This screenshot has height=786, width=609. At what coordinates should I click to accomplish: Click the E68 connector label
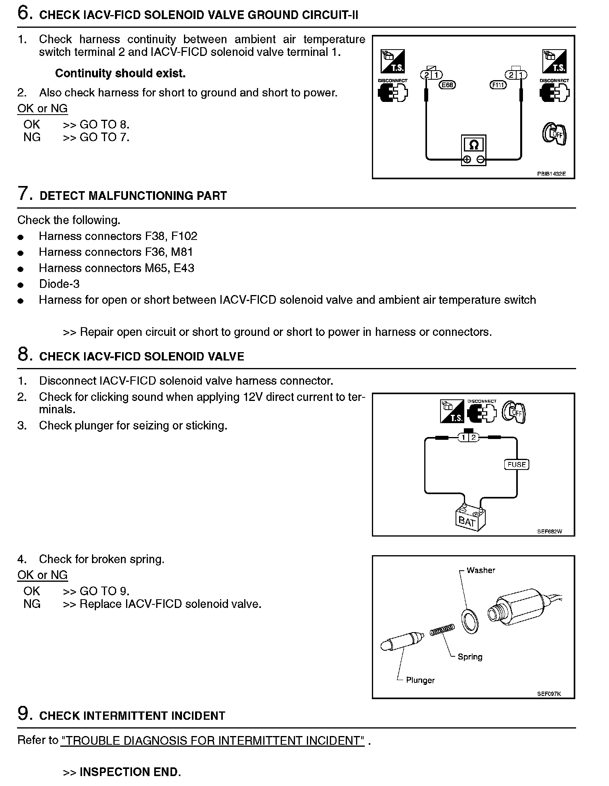[x=447, y=84]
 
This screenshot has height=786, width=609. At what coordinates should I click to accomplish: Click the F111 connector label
[x=498, y=84]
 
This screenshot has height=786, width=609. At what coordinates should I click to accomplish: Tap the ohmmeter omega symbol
[x=473, y=145]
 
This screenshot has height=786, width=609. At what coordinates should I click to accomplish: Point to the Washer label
[x=481, y=570]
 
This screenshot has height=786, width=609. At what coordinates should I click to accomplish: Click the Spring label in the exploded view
[x=470, y=657]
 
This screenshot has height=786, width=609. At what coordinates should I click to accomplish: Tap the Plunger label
[x=420, y=680]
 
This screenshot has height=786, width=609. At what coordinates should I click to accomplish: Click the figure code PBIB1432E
[x=551, y=174]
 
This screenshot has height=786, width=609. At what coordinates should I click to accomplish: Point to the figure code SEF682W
[x=550, y=531]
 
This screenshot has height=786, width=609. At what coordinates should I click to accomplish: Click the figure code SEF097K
[x=549, y=694]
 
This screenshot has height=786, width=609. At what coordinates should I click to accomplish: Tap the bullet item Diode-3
[x=59, y=284]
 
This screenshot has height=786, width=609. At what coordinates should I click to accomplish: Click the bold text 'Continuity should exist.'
[x=120, y=73]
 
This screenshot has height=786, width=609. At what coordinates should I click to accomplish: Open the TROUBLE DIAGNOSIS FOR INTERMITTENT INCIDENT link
[x=213, y=741]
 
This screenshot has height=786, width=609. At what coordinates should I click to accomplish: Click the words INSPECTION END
[x=130, y=772]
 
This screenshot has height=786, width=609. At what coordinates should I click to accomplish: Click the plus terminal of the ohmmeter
[x=467, y=160]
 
